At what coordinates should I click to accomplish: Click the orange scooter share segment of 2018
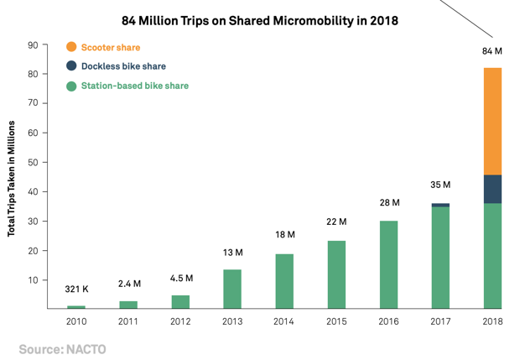492,121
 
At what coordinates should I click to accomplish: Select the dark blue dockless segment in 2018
492,189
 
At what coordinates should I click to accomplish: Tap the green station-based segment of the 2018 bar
492,255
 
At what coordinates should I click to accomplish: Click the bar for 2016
388,264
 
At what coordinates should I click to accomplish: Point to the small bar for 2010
76,307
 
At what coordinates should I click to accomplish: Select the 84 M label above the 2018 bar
492,52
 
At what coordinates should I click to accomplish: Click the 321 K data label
76,290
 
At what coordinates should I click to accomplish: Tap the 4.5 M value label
180,279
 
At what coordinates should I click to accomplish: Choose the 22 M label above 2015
336,222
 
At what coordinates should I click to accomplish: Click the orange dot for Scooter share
72,48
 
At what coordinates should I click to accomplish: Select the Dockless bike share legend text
123,66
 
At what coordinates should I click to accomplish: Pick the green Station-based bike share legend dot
72,86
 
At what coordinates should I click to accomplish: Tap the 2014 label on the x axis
284,322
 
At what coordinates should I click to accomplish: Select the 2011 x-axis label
128,322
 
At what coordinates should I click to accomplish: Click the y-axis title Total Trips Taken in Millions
12,178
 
